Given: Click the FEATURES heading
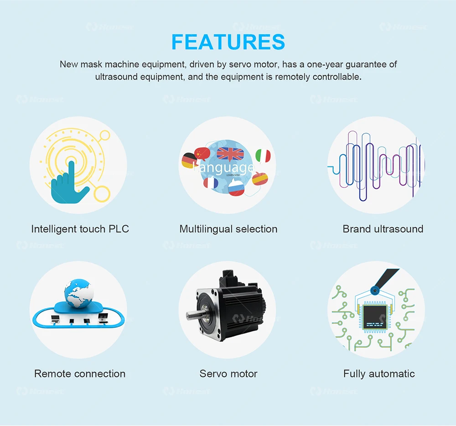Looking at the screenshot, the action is [x=228, y=42].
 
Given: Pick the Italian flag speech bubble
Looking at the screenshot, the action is [x=263, y=156].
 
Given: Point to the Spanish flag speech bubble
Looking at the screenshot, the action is [x=260, y=178].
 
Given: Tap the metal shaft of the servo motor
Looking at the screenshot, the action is [x=194, y=315].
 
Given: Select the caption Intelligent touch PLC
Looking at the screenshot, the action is [x=80, y=229].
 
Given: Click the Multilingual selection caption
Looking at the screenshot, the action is [x=228, y=229].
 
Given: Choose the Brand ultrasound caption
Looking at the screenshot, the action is [x=383, y=229].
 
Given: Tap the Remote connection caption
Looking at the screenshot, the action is [x=80, y=374].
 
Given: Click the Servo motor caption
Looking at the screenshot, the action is [x=228, y=374].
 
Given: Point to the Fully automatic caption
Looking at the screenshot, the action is [x=379, y=374].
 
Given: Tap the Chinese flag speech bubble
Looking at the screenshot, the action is [x=202, y=152].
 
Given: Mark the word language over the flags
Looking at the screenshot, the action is [x=224, y=167].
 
